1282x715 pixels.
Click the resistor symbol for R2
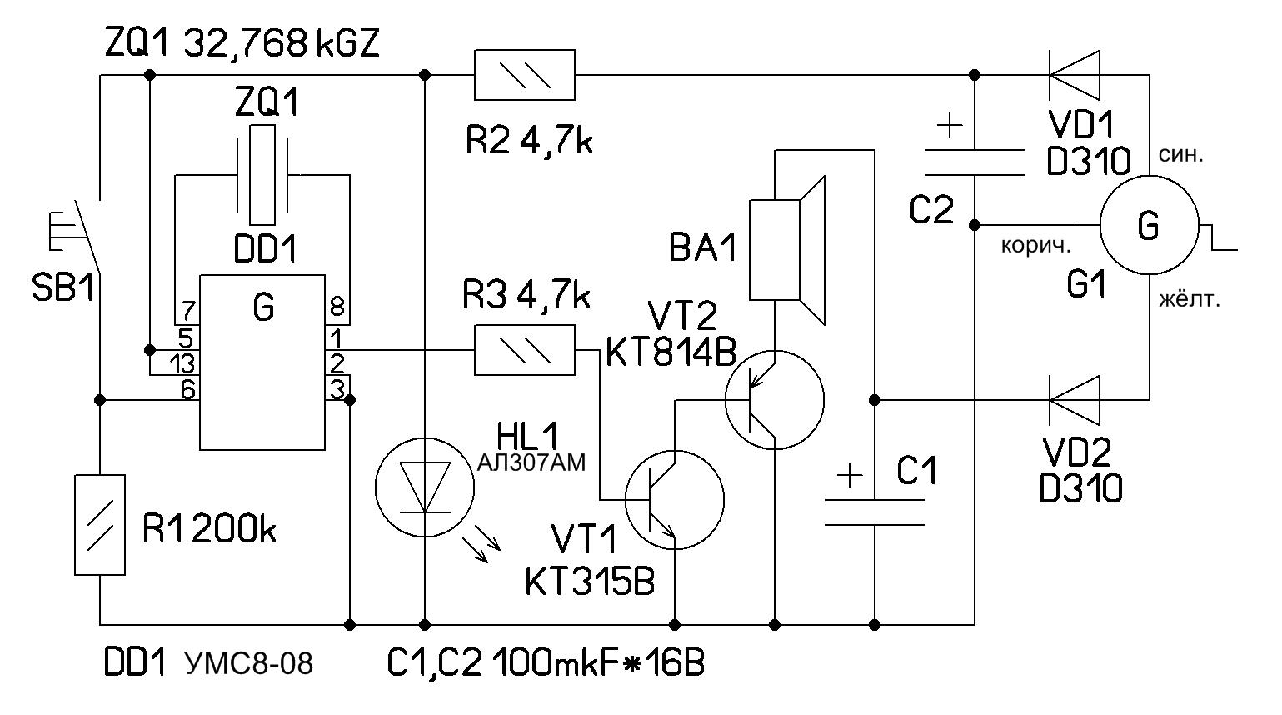pyautogui.click(x=524, y=75)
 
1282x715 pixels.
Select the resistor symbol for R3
pyautogui.click(x=524, y=350)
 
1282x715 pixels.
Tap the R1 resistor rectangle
pyautogui.click(x=100, y=525)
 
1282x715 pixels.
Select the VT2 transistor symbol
pyautogui.click(x=774, y=400)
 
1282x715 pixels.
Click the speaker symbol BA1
pyautogui.click(x=787, y=249)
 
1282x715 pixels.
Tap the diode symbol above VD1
pyautogui.click(x=1074, y=75)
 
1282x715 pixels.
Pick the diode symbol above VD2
pyautogui.click(x=1074, y=400)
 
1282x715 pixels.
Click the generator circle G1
pyautogui.click(x=1149, y=225)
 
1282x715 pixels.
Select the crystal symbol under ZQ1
pyautogui.click(x=262, y=175)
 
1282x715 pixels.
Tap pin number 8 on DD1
pyautogui.click(x=337, y=308)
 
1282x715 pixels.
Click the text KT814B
pyautogui.click(x=671, y=353)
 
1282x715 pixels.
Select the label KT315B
pyautogui.click(x=590, y=582)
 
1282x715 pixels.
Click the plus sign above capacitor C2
pyautogui.click(x=949, y=127)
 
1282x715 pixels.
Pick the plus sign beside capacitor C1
pyautogui.click(x=849, y=476)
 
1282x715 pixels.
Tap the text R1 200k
pyautogui.click(x=209, y=530)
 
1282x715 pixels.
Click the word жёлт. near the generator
pyautogui.click(x=1189, y=299)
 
